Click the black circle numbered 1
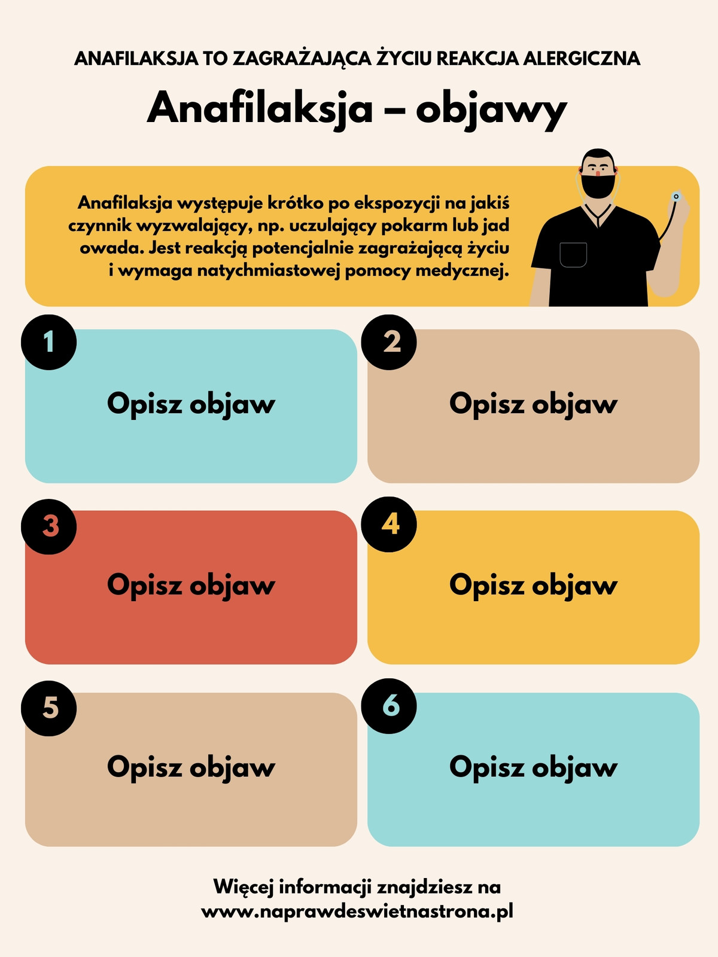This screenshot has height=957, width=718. (x=49, y=342)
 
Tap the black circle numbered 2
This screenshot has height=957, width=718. (x=389, y=342)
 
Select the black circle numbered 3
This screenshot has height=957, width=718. (x=49, y=527)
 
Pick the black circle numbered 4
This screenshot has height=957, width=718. (x=389, y=525)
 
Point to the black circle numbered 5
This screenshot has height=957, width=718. (x=49, y=709)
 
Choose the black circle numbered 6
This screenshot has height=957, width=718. (x=389, y=706)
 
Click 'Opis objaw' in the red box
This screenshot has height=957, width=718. (x=191, y=586)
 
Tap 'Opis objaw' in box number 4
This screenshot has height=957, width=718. (x=533, y=586)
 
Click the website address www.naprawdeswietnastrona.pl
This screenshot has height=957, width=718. (x=357, y=911)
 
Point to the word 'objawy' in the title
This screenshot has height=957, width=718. (x=491, y=111)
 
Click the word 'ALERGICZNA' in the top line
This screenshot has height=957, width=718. (x=582, y=59)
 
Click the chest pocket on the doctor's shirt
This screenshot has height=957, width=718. (x=573, y=255)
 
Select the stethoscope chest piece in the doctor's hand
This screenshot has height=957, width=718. (x=676, y=196)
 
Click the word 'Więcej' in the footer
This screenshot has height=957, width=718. (x=244, y=887)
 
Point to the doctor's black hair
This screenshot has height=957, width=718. (x=598, y=156)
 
